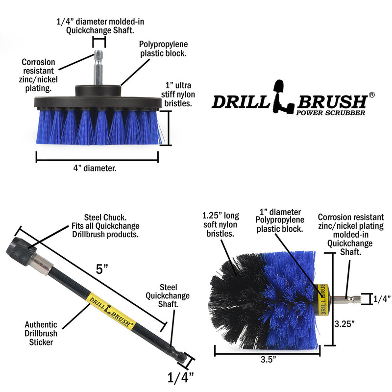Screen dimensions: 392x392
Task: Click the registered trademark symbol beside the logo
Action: click(372, 95)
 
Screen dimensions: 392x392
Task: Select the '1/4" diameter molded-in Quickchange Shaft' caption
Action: click(99, 26)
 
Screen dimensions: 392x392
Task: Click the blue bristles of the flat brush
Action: click(98, 127)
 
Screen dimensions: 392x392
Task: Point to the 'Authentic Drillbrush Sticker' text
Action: click(41, 333)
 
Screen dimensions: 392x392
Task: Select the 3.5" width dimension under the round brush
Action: click(268, 359)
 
